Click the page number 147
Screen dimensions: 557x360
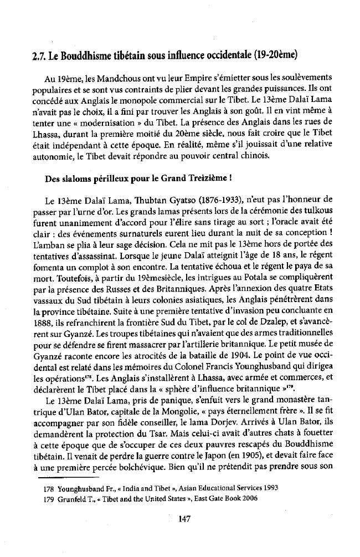coord(179,518)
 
